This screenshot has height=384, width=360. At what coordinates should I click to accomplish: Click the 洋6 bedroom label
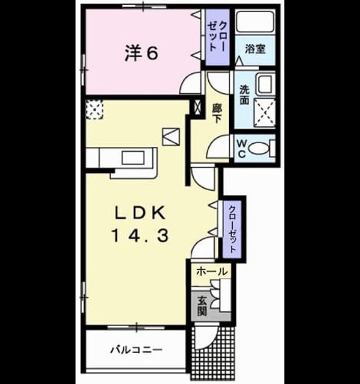tap(141, 54)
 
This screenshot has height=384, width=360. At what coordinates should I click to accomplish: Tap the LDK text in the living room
tap(141, 213)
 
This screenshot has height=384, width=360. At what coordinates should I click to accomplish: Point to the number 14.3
tap(140, 236)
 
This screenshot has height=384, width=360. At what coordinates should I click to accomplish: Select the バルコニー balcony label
tap(136, 350)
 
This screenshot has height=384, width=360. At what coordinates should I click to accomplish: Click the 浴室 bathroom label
tap(255, 49)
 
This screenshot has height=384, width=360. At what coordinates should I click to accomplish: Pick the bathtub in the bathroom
tap(255, 21)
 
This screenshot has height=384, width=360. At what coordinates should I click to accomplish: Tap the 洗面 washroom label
tap(244, 94)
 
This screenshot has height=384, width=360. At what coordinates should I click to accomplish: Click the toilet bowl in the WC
tap(258, 148)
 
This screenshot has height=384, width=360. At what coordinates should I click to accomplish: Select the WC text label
tap(242, 148)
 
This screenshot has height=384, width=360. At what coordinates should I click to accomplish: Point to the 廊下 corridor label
tap(216, 113)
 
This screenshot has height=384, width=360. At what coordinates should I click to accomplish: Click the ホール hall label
tap(212, 271)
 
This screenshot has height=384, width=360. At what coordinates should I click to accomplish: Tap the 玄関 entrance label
tap(202, 306)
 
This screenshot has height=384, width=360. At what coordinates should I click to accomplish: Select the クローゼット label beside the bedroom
tap(217, 36)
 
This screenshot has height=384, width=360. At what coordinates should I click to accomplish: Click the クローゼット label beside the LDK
tap(231, 229)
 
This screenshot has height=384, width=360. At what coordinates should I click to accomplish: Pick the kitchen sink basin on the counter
tap(133, 157)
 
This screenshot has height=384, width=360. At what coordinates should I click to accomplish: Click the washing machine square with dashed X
tap(264, 113)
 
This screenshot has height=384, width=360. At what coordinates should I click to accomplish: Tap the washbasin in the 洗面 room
tap(265, 84)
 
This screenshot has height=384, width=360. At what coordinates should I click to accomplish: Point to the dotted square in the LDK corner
tap(94, 110)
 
